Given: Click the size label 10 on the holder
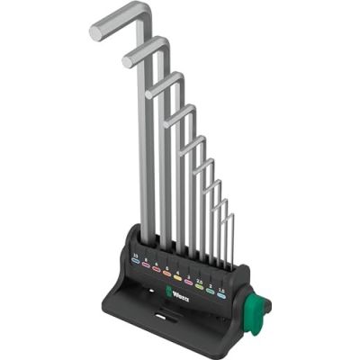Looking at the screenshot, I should (x=137, y=256).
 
